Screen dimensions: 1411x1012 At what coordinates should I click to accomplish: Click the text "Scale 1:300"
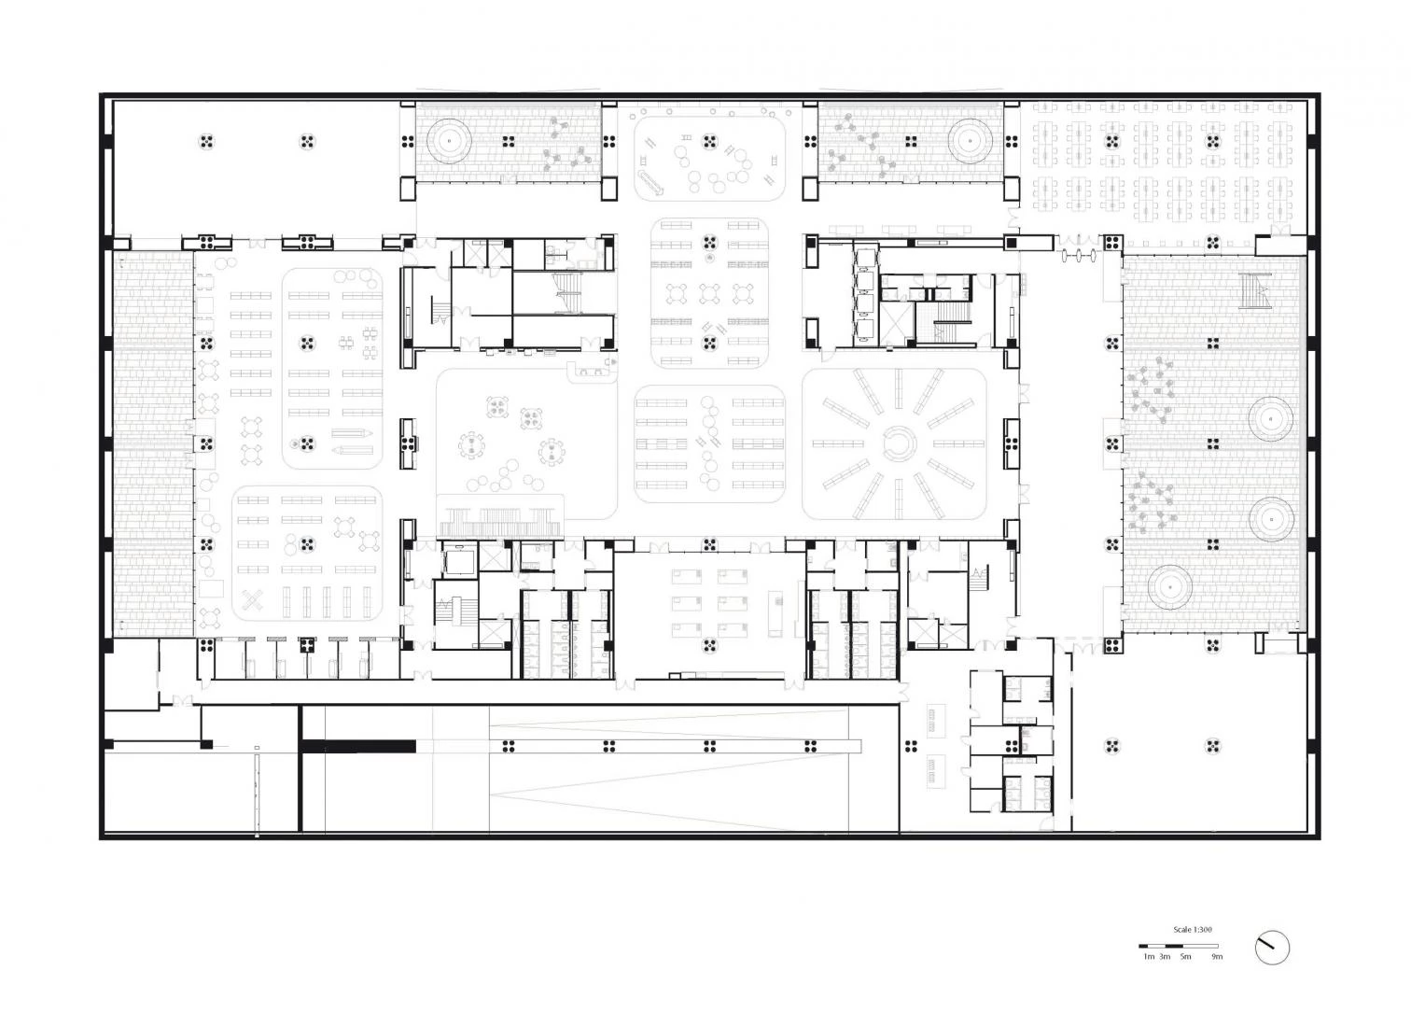click(x=1193, y=930)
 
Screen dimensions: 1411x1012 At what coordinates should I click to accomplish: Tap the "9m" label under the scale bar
click(x=1217, y=957)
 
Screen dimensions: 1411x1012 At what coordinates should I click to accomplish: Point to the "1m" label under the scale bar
click(x=1149, y=957)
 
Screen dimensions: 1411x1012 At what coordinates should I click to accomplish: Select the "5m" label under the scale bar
click(x=1185, y=957)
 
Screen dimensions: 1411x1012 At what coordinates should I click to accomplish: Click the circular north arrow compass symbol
click(x=1272, y=947)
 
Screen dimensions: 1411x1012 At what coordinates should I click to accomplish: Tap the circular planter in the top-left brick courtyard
click(x=449, y=141)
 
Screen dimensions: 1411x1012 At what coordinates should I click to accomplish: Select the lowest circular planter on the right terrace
click(x=1169, y=586)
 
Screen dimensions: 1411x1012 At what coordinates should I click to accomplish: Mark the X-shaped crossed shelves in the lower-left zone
click(x=253, y=599)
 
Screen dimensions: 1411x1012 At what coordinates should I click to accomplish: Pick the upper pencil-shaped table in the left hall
click(x=352, y=433)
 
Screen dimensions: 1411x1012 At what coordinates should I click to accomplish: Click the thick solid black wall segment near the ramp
click(x=358, y=747)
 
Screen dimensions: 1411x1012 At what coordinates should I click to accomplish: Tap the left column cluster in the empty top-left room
click(x=206, y=142)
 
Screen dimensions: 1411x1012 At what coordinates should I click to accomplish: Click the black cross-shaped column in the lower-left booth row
click(x=307, y=645)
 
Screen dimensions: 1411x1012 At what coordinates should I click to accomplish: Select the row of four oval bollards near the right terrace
click(x=1081, y=256)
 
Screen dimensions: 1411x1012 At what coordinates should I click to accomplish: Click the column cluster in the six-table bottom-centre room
click(x=710, y=645)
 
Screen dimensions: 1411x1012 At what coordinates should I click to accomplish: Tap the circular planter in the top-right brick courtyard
click(x=971, y=141)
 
